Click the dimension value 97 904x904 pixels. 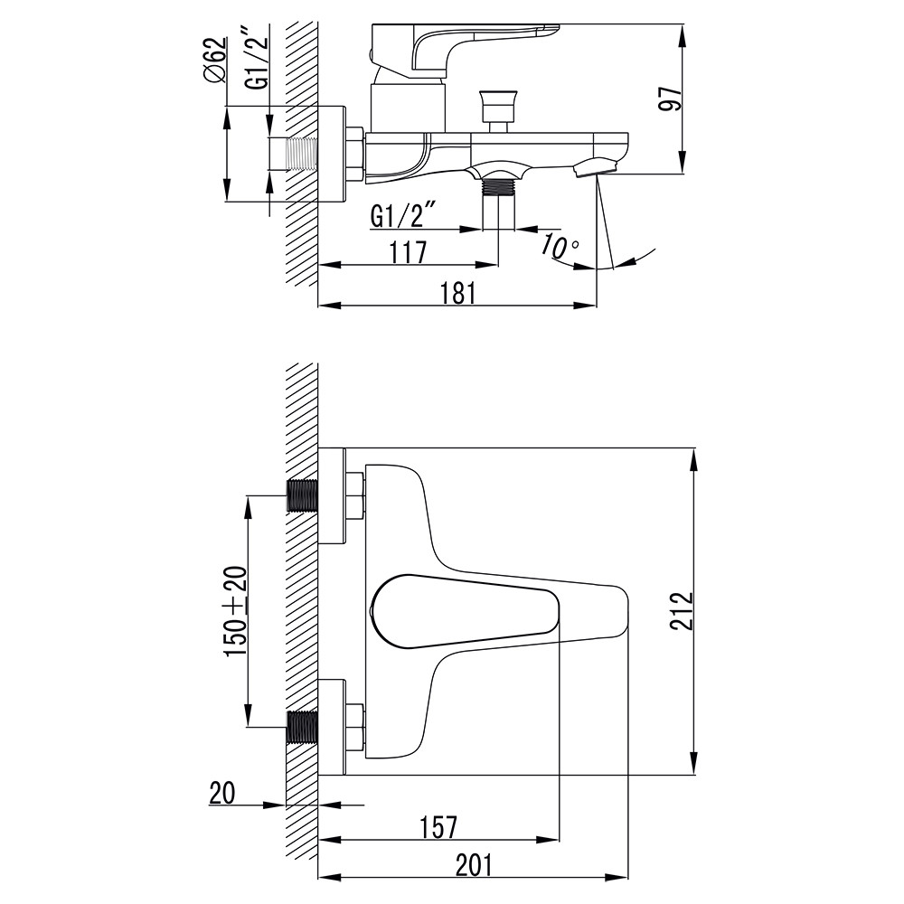670,98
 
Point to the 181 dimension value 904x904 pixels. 457,293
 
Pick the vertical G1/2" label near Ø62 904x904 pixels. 257,58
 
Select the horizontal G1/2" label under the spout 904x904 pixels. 404,216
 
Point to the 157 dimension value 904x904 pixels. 438,827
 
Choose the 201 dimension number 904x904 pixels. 474,865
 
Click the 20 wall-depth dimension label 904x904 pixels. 222,793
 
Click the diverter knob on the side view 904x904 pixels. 498,106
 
